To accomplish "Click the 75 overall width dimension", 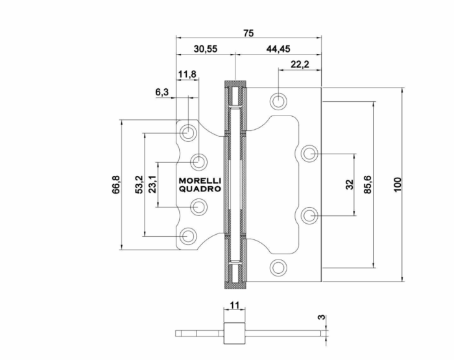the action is [248, 33].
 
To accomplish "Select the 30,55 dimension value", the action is [206, 49].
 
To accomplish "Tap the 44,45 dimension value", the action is [278, 49].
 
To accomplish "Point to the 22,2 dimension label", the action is [300, 64].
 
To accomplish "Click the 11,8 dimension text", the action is [187, 75].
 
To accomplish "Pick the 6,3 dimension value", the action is [162, 92].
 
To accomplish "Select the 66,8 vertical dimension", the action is [116, 185].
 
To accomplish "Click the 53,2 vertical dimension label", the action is [139, 184].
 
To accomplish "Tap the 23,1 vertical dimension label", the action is [152, 184].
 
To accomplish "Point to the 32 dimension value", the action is [350, 184].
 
